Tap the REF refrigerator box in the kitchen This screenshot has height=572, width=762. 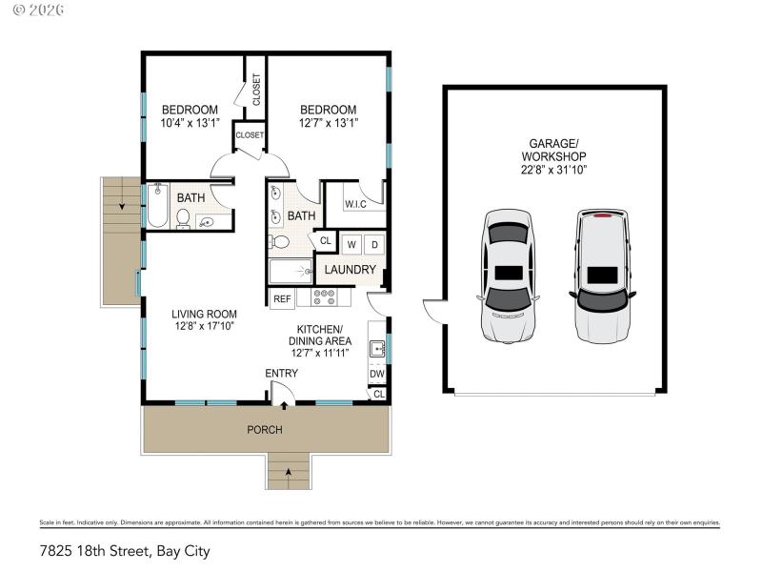(282, 298)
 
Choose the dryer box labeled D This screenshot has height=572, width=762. (374, 244)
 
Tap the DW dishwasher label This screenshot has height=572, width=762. (377, 374)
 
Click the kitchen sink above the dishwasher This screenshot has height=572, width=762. (377, 350)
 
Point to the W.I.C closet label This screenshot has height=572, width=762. (355, 203)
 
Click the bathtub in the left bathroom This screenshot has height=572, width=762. (158, 206)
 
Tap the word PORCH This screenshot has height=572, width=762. (265, 430)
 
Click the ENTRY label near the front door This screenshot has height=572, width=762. (282, 373)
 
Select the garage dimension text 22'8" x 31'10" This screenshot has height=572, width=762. (553, 171)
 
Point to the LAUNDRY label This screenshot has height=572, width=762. (350, 270)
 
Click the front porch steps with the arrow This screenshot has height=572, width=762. (289, 472)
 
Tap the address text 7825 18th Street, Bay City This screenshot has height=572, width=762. (124, 551)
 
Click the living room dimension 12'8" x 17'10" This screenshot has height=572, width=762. (204, 326)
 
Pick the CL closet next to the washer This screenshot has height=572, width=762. (325, 242)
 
